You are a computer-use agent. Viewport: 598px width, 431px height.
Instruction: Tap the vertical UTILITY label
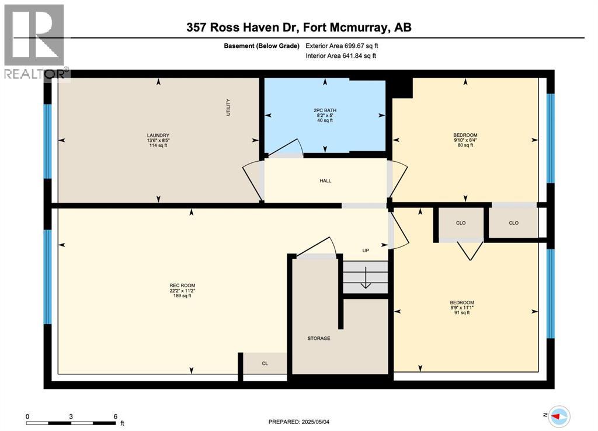click(x=229, y=107)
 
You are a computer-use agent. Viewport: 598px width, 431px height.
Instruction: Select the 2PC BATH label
click(x=325, y=110)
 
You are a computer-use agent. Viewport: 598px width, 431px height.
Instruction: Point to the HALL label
click(x=325, y=181)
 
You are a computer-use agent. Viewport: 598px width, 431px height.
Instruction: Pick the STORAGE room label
click(x=319, y=338)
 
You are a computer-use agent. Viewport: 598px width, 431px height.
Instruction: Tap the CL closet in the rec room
click(x=265, y=363)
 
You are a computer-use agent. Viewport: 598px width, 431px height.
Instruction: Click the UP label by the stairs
click(x=366, y=251)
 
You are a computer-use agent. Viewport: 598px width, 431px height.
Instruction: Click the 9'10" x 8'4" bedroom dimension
click(x=465, y=140)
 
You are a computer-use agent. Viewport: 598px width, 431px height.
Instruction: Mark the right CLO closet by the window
click(x=513, y=223)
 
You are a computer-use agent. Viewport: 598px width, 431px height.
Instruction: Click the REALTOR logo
click(x=35, y=41)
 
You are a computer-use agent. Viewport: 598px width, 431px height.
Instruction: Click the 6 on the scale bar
click(x=116, y=416)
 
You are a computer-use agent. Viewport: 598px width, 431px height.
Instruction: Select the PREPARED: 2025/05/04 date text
click(x=303, y=422)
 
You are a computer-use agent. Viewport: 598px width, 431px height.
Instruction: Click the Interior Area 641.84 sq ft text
click(x=341, y=55)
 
